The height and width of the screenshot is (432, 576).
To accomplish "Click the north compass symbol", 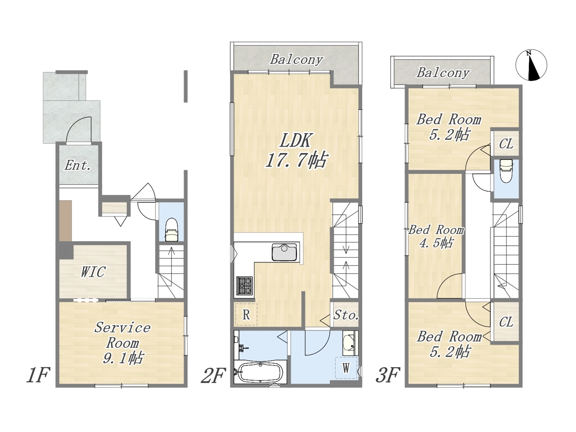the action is [531, 65].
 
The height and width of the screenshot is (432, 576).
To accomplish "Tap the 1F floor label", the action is [38, 375].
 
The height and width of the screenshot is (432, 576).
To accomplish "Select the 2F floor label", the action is [213, 375].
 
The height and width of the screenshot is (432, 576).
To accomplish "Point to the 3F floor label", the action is [388, 375].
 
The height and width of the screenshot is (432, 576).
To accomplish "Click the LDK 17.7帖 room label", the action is [296, 150].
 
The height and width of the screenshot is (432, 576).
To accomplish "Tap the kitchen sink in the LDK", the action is [285, 252].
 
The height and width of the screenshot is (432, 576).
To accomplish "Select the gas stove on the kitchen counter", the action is [244, 286].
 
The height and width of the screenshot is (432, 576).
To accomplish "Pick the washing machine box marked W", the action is [346, 368].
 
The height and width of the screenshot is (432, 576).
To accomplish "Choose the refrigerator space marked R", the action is [246, 314].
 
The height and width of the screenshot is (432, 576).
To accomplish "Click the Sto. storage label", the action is [346, 315].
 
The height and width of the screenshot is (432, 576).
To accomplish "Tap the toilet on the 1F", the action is [171, 230].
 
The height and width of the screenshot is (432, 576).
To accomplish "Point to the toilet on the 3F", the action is [506, 171].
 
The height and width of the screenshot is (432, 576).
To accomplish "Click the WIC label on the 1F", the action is [94, 272].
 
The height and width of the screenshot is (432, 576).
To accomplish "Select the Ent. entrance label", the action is [78, 165].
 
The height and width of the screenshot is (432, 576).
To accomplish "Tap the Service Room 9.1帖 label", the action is [122, 342].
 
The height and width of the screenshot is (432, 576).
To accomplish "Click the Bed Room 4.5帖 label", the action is [436, 237].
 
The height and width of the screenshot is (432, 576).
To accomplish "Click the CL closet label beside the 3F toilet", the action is [506, 144].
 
